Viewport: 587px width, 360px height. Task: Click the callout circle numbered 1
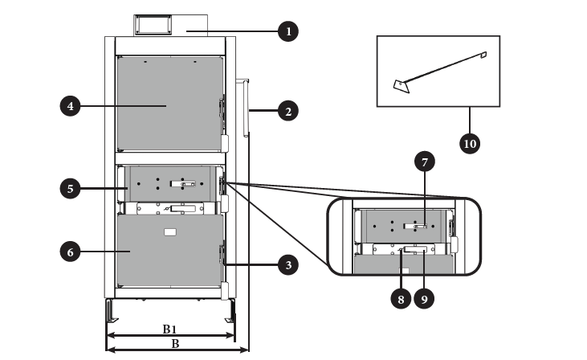[288, 31]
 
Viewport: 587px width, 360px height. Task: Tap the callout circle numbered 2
[288, 111]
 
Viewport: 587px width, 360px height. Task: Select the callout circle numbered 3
[288, 265]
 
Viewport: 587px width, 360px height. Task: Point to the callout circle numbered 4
[71, 106]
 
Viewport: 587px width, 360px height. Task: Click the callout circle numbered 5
[71, 188]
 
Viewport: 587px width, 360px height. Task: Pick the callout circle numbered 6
[71, 252]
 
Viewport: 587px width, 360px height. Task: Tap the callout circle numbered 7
[425, 162]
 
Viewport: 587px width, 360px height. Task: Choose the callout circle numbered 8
[401, 299]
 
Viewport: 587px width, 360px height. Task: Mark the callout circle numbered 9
[424, 299]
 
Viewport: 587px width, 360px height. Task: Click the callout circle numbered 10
[470, 144]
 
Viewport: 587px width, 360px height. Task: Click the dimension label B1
[169, 329]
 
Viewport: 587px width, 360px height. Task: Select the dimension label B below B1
[175, 343]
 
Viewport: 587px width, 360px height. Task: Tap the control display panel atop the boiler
[153, 25]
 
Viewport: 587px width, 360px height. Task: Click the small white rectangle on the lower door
[170, 232]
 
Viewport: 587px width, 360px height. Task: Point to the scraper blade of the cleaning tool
[402, 86]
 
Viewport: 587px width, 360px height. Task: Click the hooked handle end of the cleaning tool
[483, 55]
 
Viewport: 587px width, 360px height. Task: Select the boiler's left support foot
[111, 311]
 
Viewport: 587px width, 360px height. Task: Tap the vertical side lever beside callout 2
[245, 108]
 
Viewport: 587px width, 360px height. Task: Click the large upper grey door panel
[170, 104]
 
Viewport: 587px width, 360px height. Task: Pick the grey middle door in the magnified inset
[404, 227]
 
